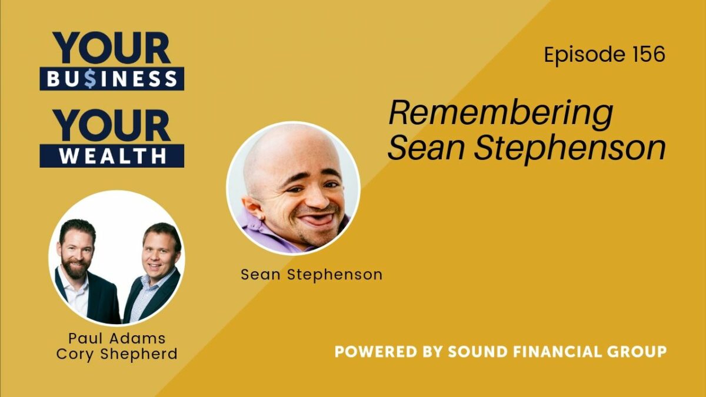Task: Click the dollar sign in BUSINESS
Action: pyautogui.click(x=90, y=79)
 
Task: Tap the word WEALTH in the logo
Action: pyautogui.click(x=112, y=156)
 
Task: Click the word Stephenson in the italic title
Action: pyautogui.click(x=570, y=148)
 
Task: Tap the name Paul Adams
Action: pyautogui.click(x=117, y=339)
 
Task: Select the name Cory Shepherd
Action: pyautogui.click(x=117, y=354)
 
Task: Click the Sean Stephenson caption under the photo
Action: pyautogui.click(x=312, y=275)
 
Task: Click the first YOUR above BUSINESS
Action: pyautogui.click(x=112, y=48)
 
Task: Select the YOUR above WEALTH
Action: pyautogui.click(x=112, y=125)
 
